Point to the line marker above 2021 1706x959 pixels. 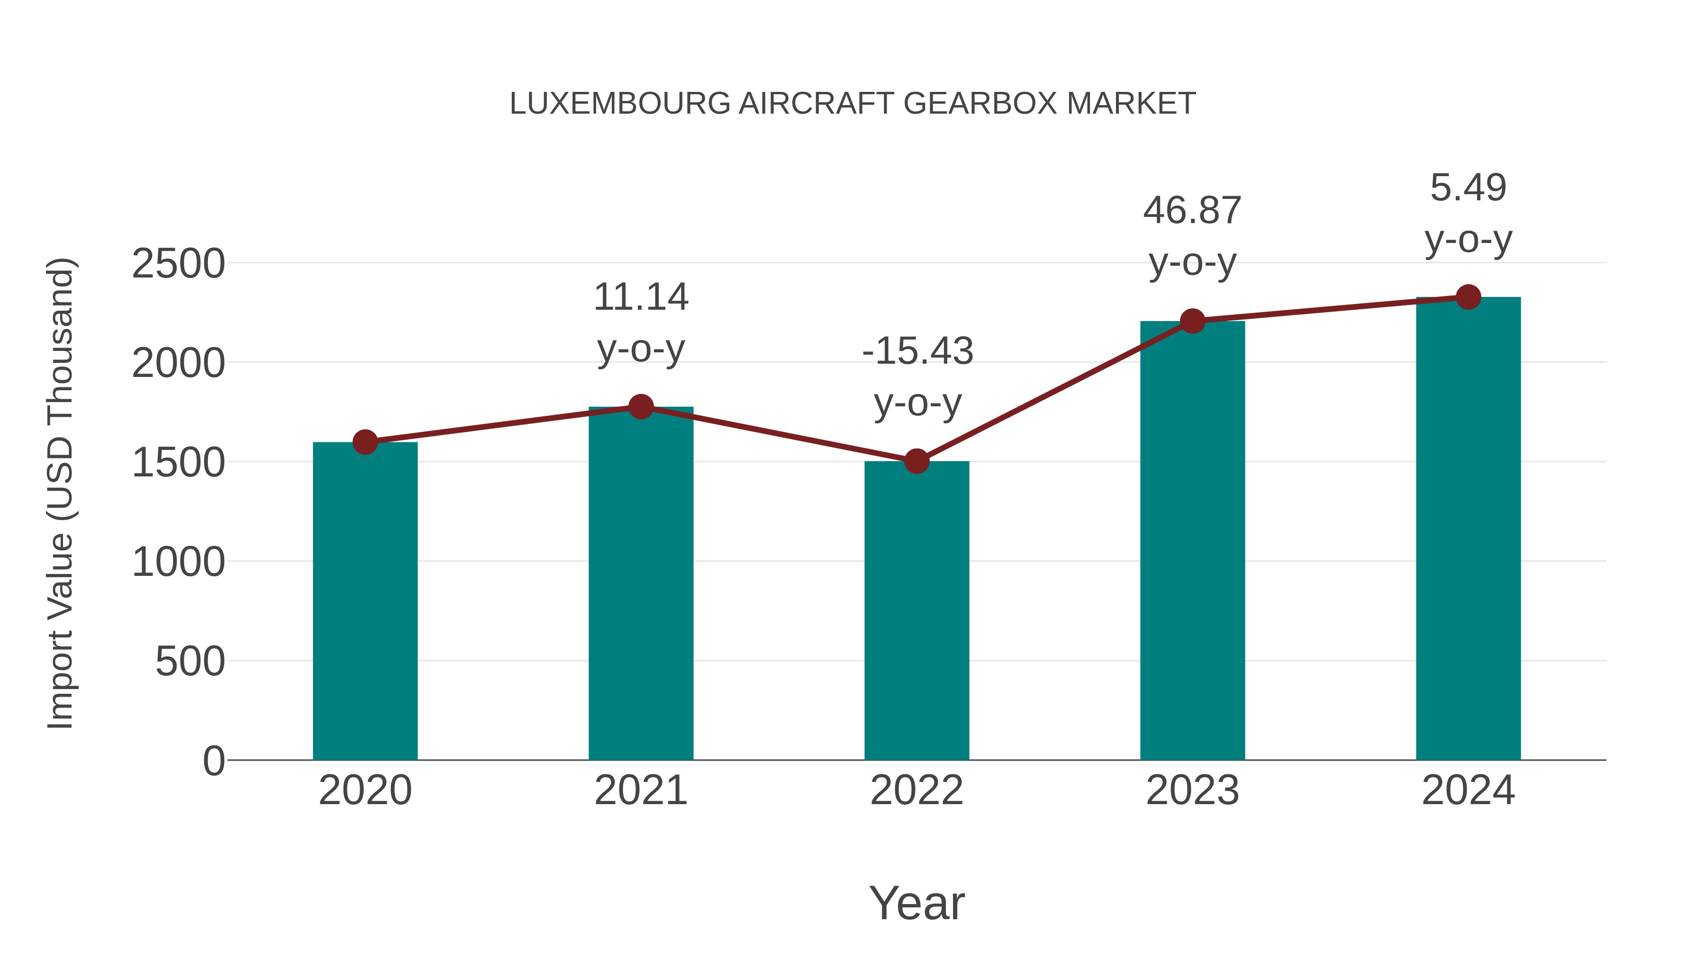click(x=640, y=406)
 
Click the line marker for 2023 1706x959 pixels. click(x=1192, y=321)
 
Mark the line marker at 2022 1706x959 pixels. click(x=917, y=461)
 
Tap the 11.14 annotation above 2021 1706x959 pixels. click(x=640, y=297)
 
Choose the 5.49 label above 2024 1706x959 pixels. click(x=1468, y=188)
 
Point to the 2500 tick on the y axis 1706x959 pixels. click(x=178, y=264)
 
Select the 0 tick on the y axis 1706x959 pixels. click(x=213, y=761)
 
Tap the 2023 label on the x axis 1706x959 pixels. click(x=1192, y=790)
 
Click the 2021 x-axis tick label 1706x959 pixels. click(x=640, y=790)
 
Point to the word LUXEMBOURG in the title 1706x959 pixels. click(x=619, y=104)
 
